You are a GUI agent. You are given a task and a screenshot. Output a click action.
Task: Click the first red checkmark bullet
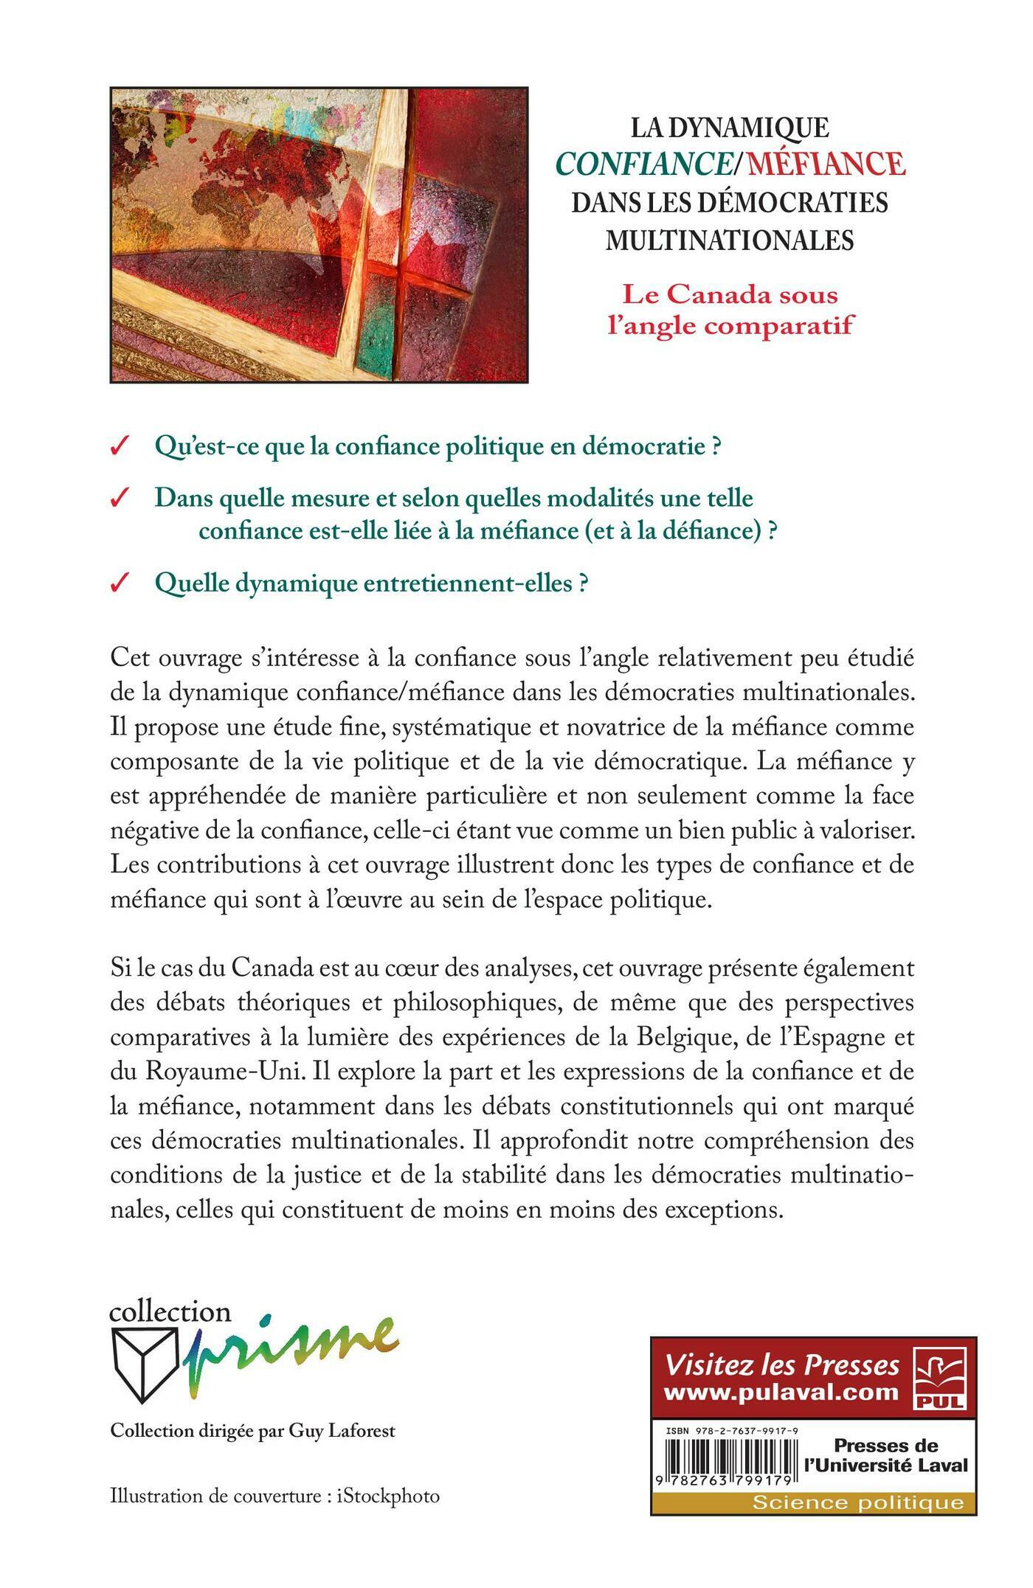(x=118, y=448)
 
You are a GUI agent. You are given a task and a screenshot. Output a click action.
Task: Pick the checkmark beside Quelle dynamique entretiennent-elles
(x=118, y=584)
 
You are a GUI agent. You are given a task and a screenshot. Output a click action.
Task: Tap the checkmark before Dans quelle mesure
(x=118, y=499)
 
